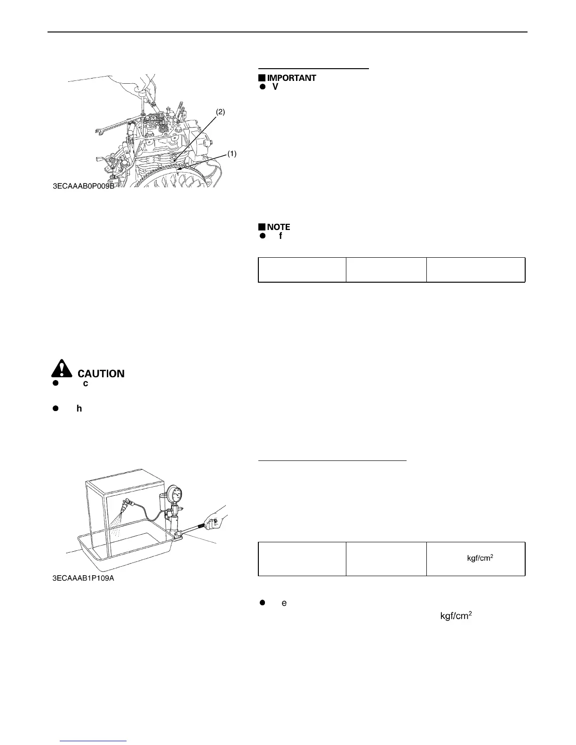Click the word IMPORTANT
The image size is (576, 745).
(291, 78)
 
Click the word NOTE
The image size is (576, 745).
(279, 227)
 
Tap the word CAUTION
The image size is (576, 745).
(101, 373)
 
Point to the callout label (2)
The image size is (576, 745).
(220, 112)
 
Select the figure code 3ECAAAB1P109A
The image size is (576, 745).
(83, 578)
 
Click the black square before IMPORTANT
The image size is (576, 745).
(261, 78)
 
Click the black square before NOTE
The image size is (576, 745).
(261, 227)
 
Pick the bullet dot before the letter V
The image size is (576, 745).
(263, 87)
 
